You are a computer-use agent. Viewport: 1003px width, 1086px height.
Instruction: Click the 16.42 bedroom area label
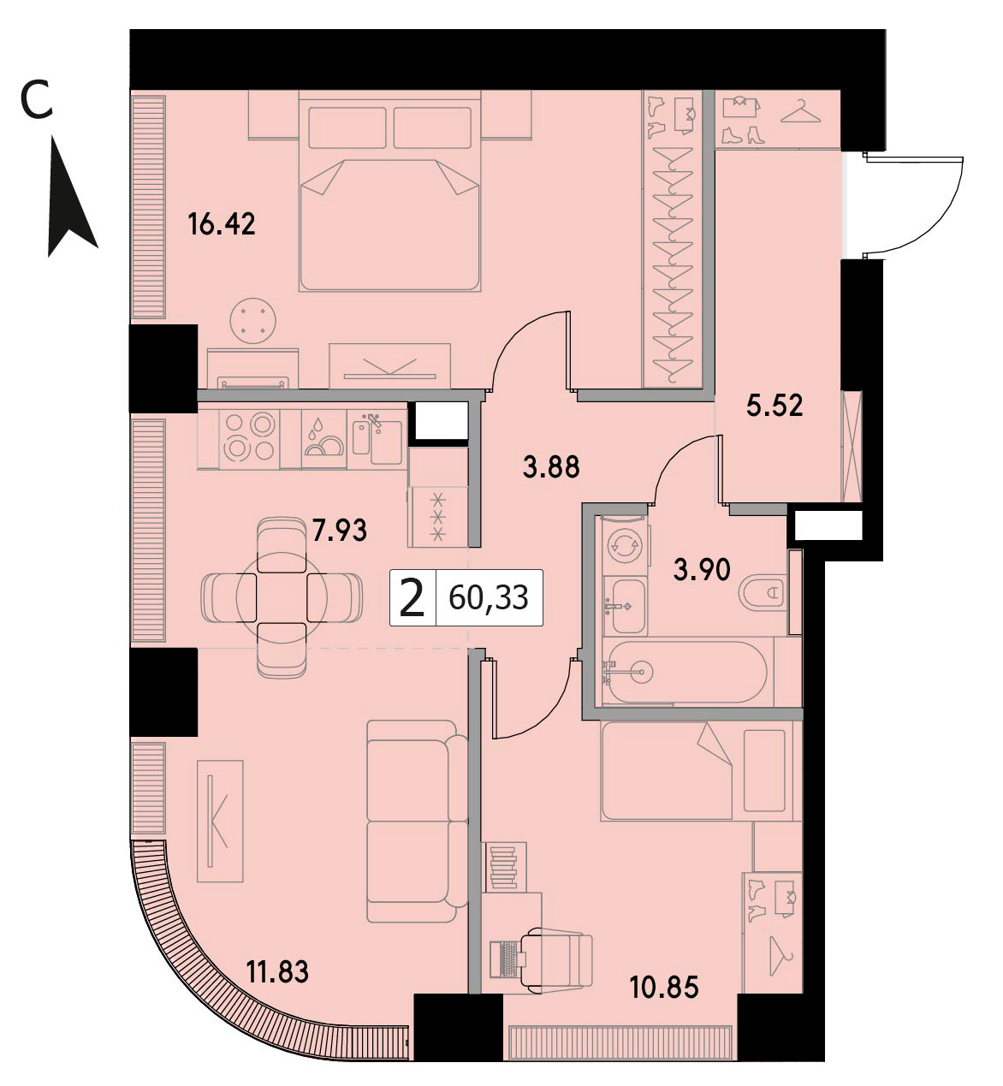(x=222, y=224)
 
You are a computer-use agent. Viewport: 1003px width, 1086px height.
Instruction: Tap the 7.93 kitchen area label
(x=339, y=531)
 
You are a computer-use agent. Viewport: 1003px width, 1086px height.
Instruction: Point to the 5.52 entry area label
(x=775, y=406)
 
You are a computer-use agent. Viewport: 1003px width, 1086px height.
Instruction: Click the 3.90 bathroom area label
(x=702, y=570)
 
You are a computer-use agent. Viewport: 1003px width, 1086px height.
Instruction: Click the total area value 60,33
(x=489, y=597)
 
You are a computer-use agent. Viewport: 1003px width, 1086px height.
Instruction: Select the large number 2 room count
(x=412, y=598)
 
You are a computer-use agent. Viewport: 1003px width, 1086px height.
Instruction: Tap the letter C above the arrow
(x=36, y=100)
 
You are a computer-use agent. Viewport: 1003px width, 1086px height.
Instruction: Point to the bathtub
(x=689, y=672)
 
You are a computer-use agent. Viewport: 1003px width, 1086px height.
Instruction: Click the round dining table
(x=281, y=597)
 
